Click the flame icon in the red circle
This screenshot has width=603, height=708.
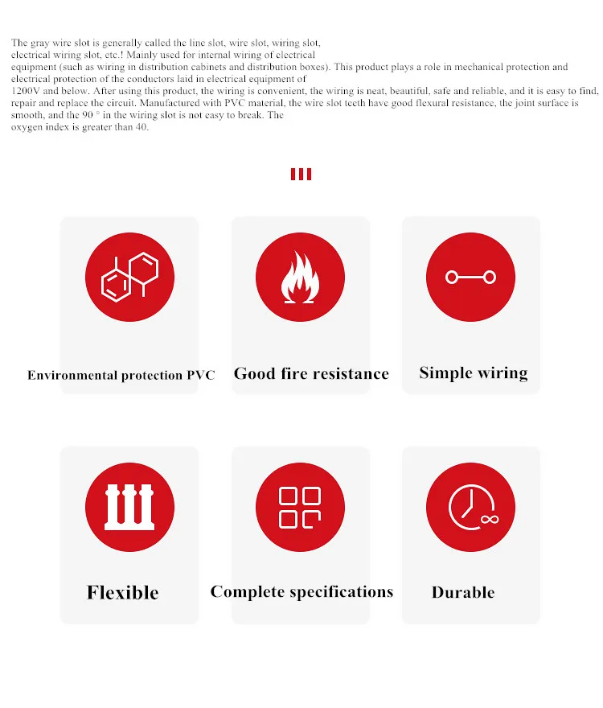(x=300, y=278)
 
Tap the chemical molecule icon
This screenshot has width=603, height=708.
(x=129, y=277)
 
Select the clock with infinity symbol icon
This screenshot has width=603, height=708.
(x=470, y=508)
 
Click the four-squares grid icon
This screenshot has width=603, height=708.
(x=300, y=508)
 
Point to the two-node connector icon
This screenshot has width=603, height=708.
(x=470, y=278)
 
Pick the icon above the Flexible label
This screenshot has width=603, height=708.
(x=129, y=508)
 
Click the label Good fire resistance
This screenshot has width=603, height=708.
(x=311, y=373)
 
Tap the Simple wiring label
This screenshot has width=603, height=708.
(x=473, y=373)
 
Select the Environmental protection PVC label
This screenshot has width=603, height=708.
(x=121, y=375)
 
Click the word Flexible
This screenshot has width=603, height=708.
(x=122, y=593)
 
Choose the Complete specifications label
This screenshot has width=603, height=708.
(x=301, y=592)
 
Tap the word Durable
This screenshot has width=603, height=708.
(x=463, y=593)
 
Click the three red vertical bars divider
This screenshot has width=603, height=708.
(x=301, y=174)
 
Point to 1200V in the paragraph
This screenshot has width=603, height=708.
(x=24, y=91)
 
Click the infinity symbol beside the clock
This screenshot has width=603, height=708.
(x=489, y=519)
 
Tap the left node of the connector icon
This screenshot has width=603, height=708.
(x=452, y=278)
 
